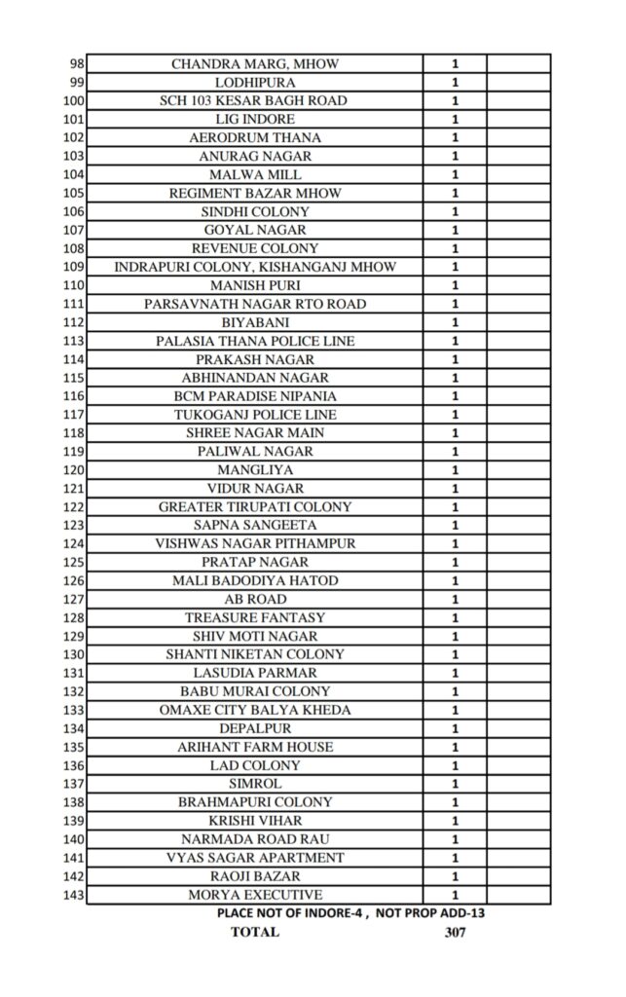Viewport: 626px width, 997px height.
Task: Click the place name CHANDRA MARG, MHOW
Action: (x=255, y=64)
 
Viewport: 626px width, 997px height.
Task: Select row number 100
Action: (x=73, y=101)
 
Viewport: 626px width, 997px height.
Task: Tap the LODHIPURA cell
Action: (x=255, y=83)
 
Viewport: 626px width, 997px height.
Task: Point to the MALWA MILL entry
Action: (x=255, y=175)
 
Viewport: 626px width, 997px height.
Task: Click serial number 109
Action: (x=73, y=267)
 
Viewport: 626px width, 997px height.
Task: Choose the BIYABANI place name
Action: (x=255, y=322)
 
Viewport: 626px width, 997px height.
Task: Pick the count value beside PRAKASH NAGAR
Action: (x=455, y=359)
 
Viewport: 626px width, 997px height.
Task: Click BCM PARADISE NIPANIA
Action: (x=255, y=396)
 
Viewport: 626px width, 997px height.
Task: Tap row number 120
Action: (x=73, y=470)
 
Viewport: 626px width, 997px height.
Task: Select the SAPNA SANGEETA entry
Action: (x=255, y=526)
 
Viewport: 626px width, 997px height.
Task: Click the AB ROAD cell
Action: (x=255, y=600)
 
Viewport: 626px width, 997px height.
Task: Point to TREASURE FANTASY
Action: (x=255, y=618)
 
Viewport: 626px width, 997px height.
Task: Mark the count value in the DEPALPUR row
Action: (x=455, y=729)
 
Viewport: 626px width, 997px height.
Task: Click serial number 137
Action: (x=73, y=784)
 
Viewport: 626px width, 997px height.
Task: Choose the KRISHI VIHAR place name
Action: (x=255, y=821)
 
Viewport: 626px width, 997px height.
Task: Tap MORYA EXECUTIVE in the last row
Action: (x=255, y=895)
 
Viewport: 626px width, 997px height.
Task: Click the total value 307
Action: (x=455, y=932)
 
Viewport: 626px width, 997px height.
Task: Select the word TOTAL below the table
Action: (x=254, y=932)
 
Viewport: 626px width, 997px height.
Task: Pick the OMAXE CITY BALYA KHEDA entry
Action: (x=255, y=711)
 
